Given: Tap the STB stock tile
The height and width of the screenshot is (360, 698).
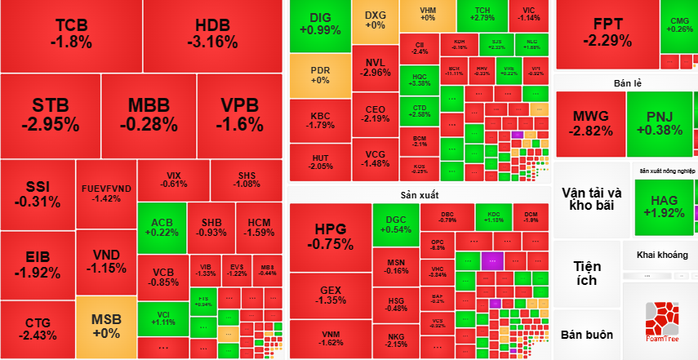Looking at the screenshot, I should [x=51, y=115].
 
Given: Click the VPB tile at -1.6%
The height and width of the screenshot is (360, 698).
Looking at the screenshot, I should [x=240, y=115].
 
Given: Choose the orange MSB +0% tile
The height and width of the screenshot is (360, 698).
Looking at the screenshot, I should [x=106, y=327].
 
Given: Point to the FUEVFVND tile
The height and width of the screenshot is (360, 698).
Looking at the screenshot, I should [x=107, y=193].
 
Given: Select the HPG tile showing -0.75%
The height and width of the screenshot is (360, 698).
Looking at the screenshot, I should [x=330, y=237].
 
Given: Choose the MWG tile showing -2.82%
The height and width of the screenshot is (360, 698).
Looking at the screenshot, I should [x=590, y=124].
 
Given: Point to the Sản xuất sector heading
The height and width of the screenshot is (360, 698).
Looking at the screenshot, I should [x=420, y=195].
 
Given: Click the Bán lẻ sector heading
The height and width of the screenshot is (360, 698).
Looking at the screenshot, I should [x=627, y=83].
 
